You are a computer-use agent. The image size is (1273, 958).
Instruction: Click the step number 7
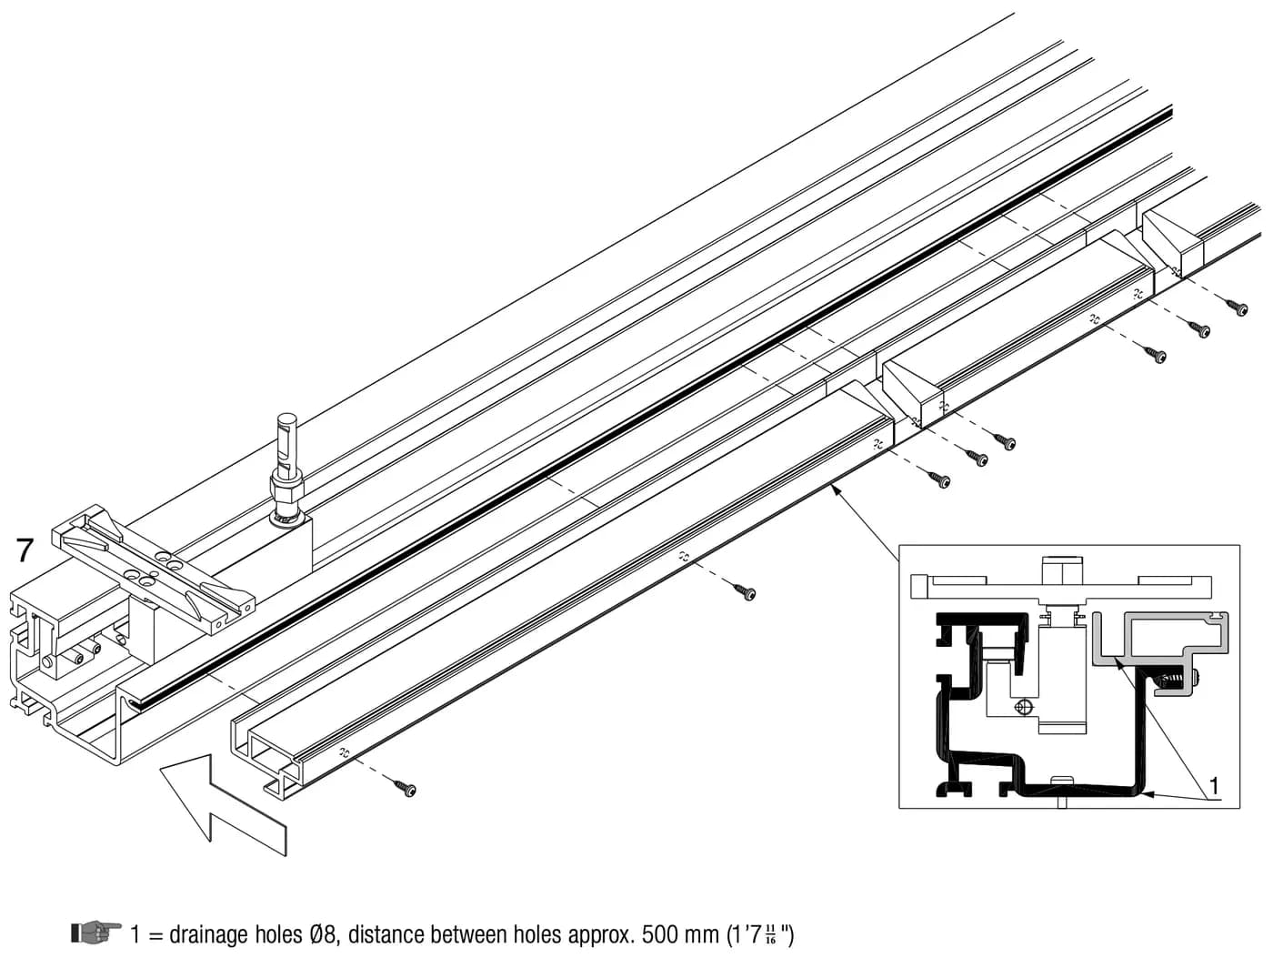pos(25,550)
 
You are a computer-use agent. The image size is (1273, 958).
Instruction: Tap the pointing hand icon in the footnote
pos(96,933)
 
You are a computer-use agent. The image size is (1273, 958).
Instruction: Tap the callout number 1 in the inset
pos(1213,786)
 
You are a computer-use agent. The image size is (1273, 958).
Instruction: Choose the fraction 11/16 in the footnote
pos(771,934)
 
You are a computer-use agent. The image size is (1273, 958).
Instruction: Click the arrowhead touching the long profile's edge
pos(836,491)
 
